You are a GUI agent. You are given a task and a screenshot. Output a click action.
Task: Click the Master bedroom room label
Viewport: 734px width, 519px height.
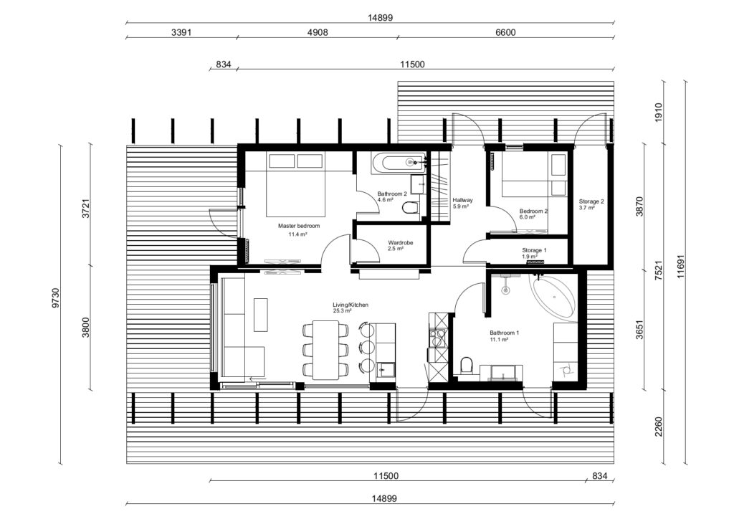(299, 226)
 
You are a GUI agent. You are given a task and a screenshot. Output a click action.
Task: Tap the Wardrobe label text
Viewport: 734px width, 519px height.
(399, 242)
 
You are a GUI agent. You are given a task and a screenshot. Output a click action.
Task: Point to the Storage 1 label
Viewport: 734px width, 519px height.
(534, 250)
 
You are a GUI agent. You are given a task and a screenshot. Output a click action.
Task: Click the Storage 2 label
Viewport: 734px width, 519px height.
(591, 201)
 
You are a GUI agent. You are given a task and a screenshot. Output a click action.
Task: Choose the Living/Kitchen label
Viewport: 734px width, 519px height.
(351, 305)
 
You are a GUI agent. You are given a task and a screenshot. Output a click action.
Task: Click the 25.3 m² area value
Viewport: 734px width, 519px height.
(342, 312)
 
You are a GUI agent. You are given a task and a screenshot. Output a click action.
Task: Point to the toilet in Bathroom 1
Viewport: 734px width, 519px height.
(467, 366)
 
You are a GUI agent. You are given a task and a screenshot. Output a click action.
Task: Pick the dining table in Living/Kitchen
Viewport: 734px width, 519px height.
(326, 349)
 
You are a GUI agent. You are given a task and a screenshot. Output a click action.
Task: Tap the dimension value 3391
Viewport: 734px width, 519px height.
(181, 32)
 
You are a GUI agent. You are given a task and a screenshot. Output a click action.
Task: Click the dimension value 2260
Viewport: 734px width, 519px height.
(659, 429)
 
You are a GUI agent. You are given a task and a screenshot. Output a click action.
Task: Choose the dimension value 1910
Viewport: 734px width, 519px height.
(659, 111)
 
